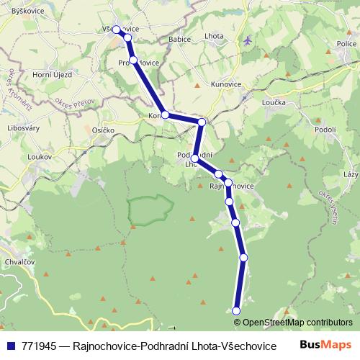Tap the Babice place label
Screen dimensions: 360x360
click(179, 39)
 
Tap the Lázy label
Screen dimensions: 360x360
click(351, 175)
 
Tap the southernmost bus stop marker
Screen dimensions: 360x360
click(236, 310)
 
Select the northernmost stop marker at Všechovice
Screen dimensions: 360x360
click(117, 30)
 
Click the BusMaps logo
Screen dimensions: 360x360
click(325, 344)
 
